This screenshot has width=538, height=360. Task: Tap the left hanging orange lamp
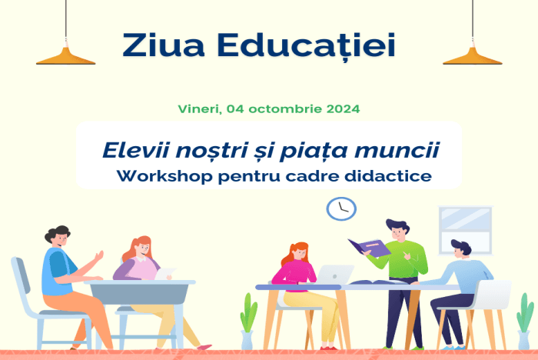(x=65, y=55)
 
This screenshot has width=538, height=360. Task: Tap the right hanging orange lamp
(x=472, y=55)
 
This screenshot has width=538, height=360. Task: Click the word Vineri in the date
(x=199, y=108)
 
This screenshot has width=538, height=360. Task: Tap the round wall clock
(x=341, y=208)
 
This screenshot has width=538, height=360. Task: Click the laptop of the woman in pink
(x=335, y=274)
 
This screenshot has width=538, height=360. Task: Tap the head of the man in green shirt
(x=397, y=230)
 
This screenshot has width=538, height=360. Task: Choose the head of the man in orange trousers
(x=57, y=236)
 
